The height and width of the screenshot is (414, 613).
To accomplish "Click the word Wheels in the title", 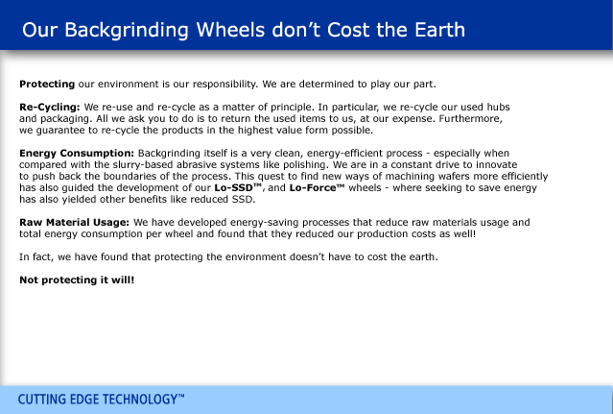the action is click(x=230, y=30).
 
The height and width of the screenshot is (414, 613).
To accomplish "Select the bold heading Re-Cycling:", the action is click(x=50, y=108).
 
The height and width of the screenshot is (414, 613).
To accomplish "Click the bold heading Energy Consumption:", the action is click(x=77, y=153).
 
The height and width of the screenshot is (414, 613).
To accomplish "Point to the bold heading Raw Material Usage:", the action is click(x=74, y=222).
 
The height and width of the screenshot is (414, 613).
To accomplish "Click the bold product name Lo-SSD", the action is click(x=233, y=188).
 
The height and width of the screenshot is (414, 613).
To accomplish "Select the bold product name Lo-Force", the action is click(x=313, y=188).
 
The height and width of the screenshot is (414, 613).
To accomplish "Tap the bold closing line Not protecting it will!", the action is click(x=77, y=280).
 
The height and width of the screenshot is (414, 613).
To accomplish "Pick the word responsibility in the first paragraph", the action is click(x=225, y=85).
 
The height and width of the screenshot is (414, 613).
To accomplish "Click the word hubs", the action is click(x=498, y=108).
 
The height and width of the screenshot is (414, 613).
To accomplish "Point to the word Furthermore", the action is click(x=470, y=118).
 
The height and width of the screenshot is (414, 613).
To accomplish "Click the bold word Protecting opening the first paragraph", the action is click(x=47, y=85).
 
